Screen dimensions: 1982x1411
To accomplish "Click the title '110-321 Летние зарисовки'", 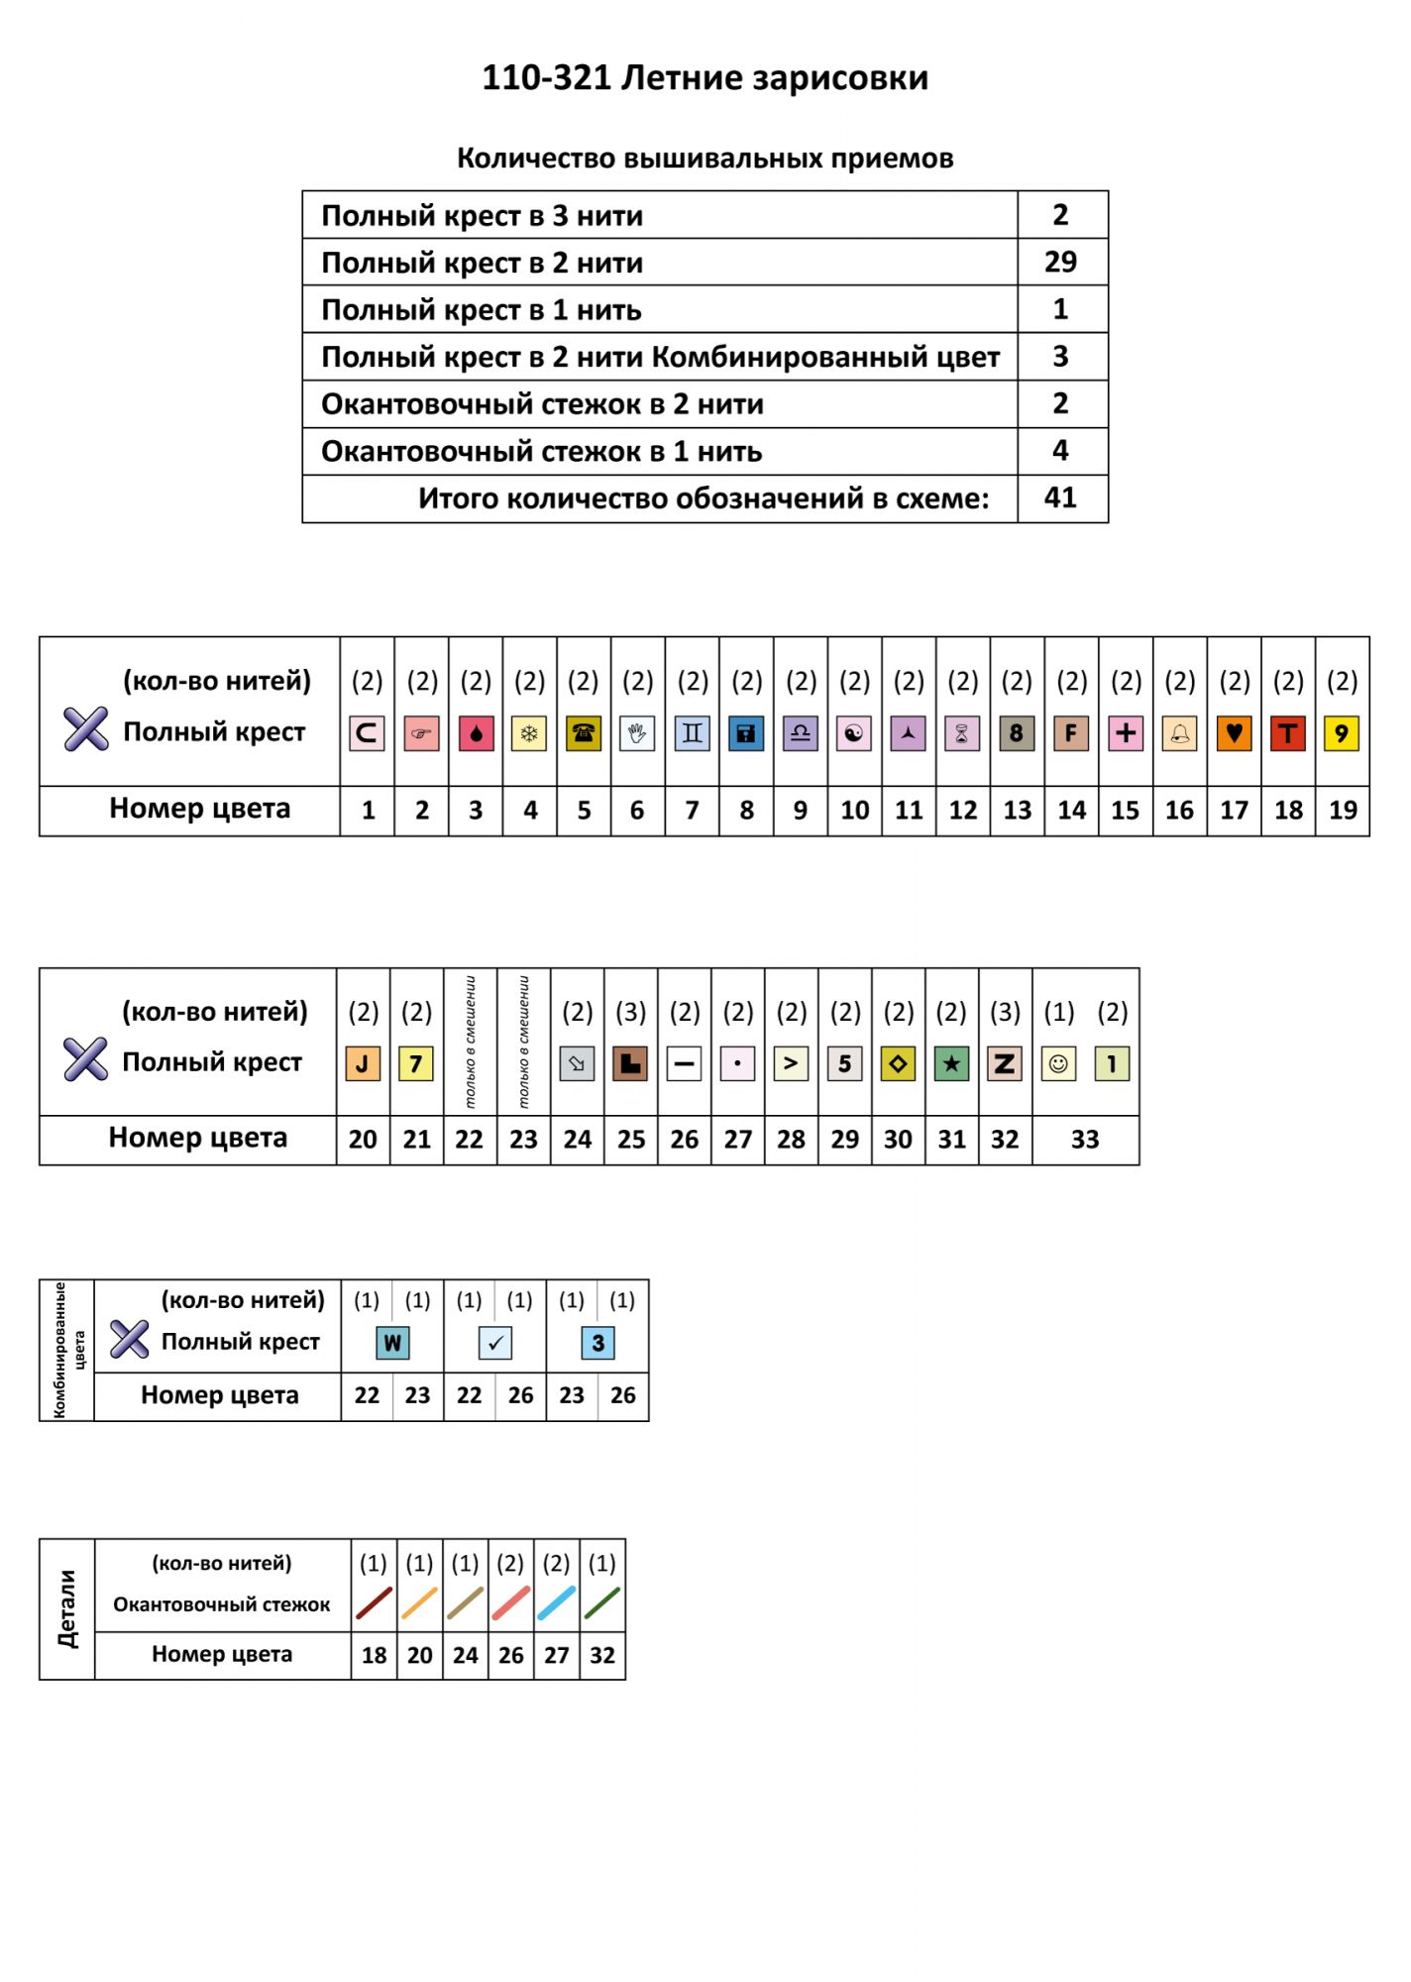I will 705,77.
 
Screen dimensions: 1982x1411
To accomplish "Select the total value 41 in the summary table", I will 1060,497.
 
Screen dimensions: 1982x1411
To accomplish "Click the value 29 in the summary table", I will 1060,262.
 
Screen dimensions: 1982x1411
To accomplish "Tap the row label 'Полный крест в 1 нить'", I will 482,310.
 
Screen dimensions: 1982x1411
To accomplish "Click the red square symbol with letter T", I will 1287,733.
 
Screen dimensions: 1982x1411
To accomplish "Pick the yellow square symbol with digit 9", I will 1342,733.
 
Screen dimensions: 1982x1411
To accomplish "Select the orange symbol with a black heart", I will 1234,733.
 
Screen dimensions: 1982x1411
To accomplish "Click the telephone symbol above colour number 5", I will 584,733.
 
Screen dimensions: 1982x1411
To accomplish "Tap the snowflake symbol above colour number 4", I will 529,733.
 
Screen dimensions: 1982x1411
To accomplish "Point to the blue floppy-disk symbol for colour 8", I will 746,733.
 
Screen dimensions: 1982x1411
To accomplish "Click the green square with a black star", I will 951,1064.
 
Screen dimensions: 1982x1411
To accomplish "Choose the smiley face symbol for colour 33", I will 1058,1064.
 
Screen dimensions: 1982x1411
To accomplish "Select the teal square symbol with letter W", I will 392,1343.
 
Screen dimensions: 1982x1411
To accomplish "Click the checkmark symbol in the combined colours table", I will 495,1343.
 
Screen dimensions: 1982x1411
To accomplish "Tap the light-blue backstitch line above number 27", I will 556,1603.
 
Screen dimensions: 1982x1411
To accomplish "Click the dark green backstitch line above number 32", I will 601,1603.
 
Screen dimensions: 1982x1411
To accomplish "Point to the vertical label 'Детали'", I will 67,1608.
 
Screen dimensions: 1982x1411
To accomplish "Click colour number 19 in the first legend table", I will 1342,811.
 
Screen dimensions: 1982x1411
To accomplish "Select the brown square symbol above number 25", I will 630,1064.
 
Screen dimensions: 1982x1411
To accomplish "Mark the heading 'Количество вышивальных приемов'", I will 705,159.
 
